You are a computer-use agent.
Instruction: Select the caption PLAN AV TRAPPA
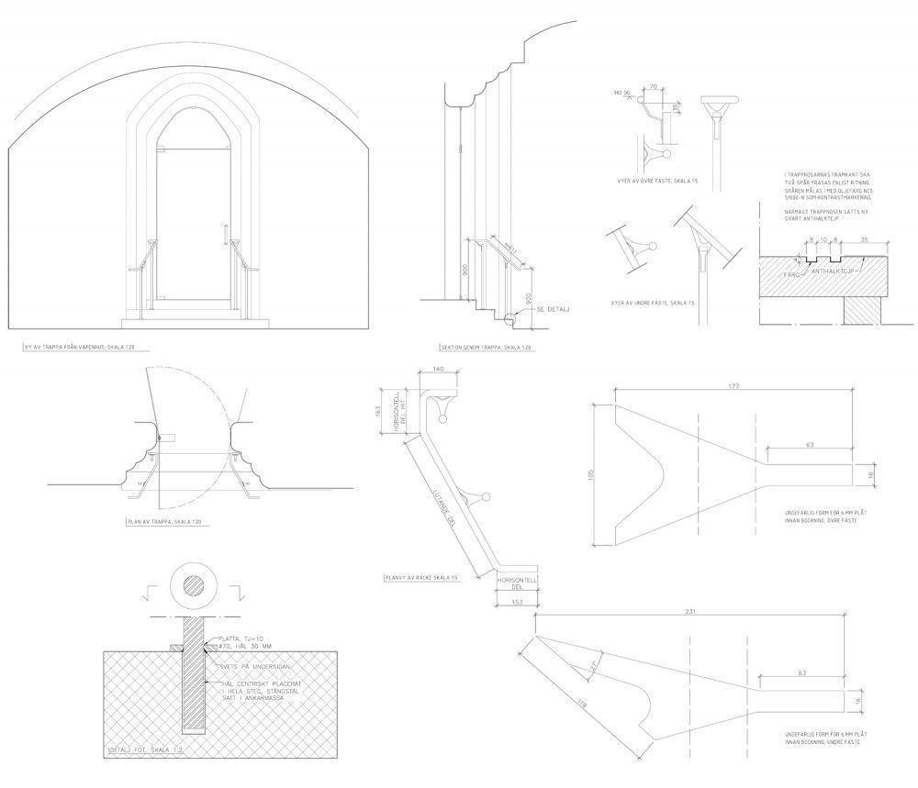point(162,521)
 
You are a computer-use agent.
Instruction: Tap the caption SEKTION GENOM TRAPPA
point(487,348)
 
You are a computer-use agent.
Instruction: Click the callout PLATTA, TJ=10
point(241,639)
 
